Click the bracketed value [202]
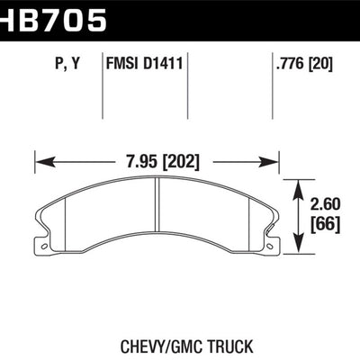pyautogui.click(x=180, y=162)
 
